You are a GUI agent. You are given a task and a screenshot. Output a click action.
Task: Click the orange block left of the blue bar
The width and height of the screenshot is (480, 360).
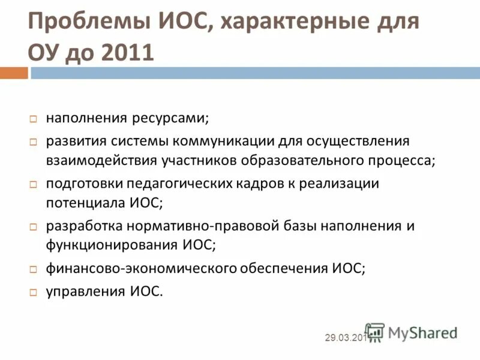click(x=14, y=73)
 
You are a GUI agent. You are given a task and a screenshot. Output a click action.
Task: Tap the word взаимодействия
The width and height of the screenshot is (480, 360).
click(x=101, y=160)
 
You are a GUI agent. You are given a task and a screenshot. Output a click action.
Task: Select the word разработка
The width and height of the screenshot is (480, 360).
click(x=84, y=226)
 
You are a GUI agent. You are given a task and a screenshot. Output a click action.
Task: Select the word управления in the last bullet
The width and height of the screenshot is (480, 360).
click(x=84, y=292)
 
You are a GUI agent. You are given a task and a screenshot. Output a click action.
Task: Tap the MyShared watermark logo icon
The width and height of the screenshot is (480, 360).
click(x=375, y=332)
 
